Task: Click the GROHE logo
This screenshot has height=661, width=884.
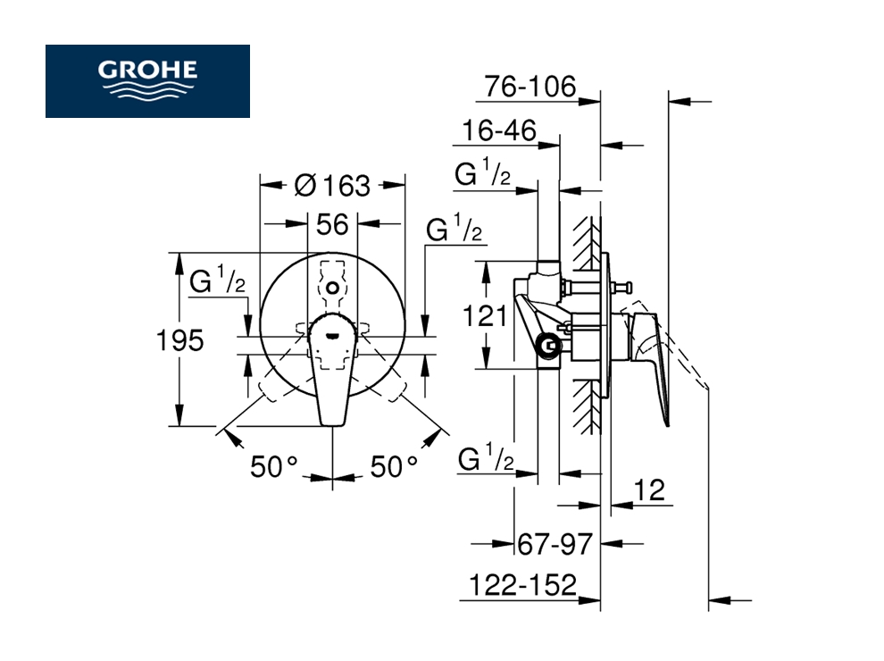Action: tap(148, 80)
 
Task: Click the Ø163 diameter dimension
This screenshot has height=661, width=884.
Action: tap(331, 185)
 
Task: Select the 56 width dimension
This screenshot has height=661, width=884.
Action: tap(332, 223)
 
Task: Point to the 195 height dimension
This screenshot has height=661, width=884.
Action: tap(180, 339)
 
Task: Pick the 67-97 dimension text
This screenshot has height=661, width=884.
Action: tap(555, 542)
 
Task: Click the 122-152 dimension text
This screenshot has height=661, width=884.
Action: tap(522, 585)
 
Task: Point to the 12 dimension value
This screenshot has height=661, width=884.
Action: tap(650, 489)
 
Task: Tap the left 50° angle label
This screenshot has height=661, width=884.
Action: tap(273, 466)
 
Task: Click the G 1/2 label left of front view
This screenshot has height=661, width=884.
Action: tap(218, 281)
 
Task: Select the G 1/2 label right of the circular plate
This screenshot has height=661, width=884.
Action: tap(455, 230)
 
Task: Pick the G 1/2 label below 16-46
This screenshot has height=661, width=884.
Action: tap(483, 174)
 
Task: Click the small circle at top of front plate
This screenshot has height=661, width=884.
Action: tap(332, 289)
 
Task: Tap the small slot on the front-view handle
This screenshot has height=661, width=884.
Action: tap(332, 336)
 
